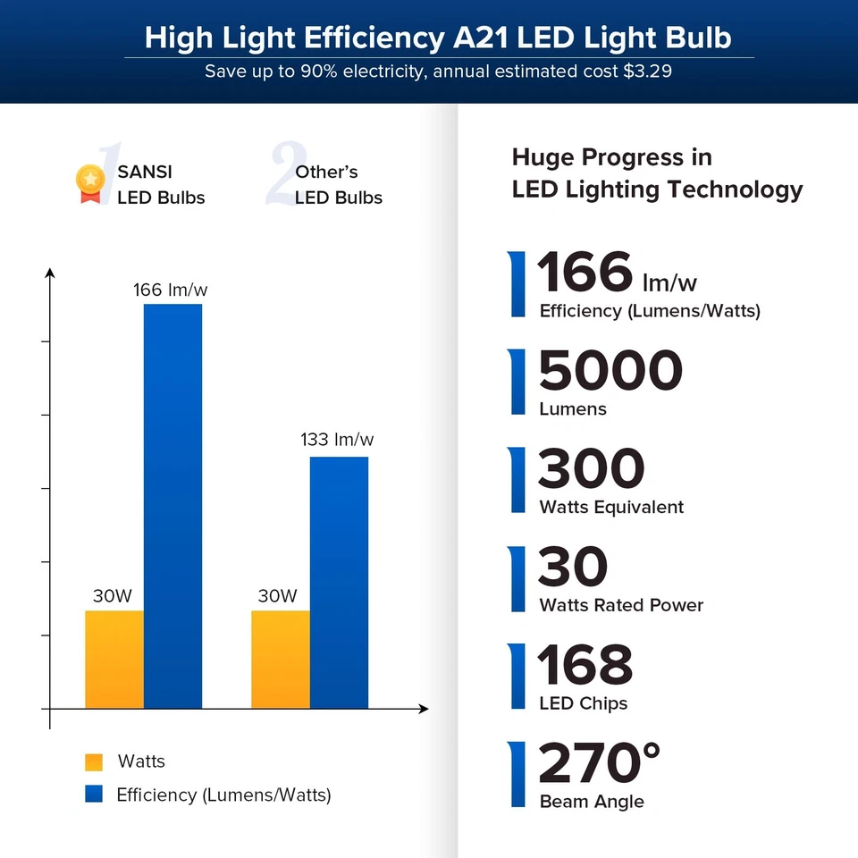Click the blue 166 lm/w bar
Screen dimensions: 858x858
[x=172, y=506]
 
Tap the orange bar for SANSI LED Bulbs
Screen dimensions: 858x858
[x=114, y=660]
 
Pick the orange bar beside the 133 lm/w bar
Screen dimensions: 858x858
[x=280, y=660]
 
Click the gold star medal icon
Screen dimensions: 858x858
[x=89, y=182]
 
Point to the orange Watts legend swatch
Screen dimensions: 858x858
[x=94, y=762]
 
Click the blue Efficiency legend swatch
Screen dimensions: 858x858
[x=94, y=795]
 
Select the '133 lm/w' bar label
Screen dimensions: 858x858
[x=337, y=440]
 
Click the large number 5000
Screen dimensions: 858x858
[x=610, y=372]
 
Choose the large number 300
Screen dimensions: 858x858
[x=591, y=470]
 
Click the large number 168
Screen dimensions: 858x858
[x=585, y=666]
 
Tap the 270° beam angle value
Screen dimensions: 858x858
[x=599, y=764]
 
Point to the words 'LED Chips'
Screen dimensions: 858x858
[x=583, y=703]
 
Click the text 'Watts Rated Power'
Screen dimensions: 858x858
[x=621, y=605]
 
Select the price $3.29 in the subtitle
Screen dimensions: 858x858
[x=647, y=71]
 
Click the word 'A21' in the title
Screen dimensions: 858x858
[x=480, y=38]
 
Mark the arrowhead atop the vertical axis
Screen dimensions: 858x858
[x=50, y=273]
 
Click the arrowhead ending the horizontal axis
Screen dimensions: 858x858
[x=424, y=709]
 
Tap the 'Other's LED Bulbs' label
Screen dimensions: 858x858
[x=338, y=185]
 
